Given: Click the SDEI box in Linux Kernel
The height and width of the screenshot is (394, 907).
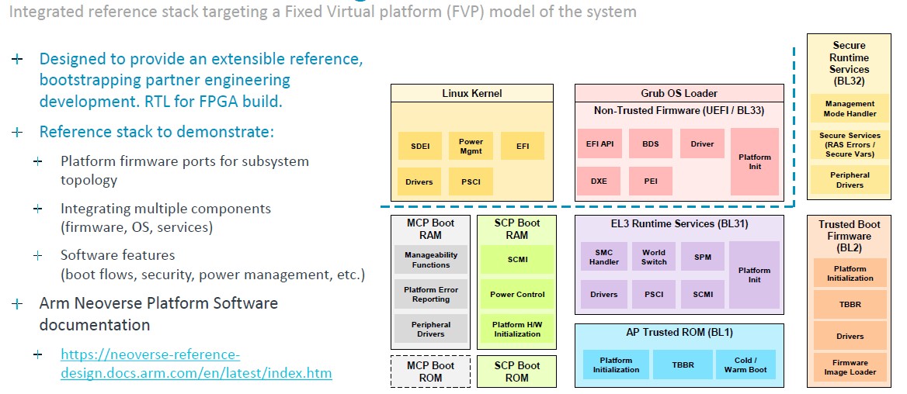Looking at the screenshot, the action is [x=419, y=146].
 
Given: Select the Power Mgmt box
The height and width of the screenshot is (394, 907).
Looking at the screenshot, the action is [x=471, y=146].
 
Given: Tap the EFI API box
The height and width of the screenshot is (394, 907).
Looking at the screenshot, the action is [x=599, y=143].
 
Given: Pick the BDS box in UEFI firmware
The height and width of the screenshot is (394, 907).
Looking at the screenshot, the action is [x=650, y=143].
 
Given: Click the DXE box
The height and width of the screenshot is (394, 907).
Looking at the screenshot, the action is [x=599, y=181].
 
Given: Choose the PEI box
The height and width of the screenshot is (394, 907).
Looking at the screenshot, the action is [x=650, y=181].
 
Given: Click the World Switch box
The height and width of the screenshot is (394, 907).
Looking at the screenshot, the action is [x=654, y=257].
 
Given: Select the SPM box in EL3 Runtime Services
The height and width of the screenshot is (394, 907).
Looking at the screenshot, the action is [x=703, y=257].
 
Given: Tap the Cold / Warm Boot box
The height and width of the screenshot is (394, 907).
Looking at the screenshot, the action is [x=745, y=365].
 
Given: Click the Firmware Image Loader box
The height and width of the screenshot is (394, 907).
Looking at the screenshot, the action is [x=850, y=368].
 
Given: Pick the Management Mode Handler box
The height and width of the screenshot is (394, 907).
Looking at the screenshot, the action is [x=850, y=109].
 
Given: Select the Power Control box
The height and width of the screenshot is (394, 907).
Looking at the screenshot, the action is [x=518, y=294].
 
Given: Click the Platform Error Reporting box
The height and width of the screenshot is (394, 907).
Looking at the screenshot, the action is [x=431, y=294].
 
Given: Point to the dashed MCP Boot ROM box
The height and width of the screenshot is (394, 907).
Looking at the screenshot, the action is [x=431, y=372].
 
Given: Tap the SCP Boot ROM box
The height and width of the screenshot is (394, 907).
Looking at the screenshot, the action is [x=517, y=372].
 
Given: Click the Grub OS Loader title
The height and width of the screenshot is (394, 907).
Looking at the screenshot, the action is [x=679, y=93].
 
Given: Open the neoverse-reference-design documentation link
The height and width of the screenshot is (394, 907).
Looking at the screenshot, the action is [x=196, y=364].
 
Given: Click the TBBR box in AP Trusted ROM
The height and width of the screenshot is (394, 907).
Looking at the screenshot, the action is [x=682, y=365].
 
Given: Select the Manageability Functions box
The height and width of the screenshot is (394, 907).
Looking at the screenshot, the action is [x=431, y=259].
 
